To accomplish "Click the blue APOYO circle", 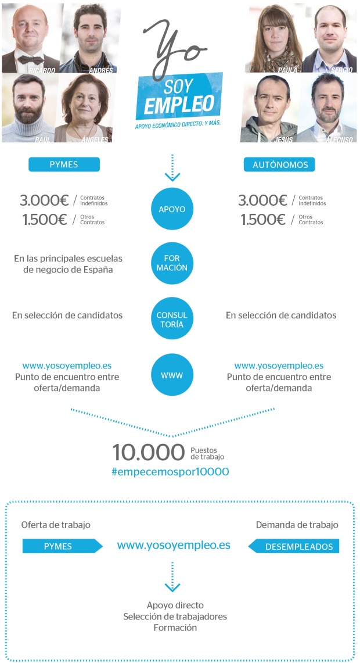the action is [x=172, y=209].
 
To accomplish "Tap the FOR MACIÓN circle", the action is [x=172, y=263].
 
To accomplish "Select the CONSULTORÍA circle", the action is [x=172, y=318].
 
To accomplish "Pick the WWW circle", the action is [x=172, y=375].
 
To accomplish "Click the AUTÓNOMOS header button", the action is [x=279, y=164].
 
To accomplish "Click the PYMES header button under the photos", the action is [x=64, y=164].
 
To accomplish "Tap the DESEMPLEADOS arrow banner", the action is [x=294, y=546].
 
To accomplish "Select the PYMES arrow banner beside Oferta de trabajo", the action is [x=63, y=546].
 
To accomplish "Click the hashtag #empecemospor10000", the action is [x=170, y=472].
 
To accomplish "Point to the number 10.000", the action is [x=149, y=453].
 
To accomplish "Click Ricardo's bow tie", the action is [x=30, y=59].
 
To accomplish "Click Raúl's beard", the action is [x=28, y=114].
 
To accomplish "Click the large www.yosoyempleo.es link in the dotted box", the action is [x=174, y=546].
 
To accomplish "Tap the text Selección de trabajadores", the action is [x=175, y=617].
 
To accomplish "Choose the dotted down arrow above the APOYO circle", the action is [x=172, y=168].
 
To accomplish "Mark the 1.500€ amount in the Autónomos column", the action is [x=263, y=220].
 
